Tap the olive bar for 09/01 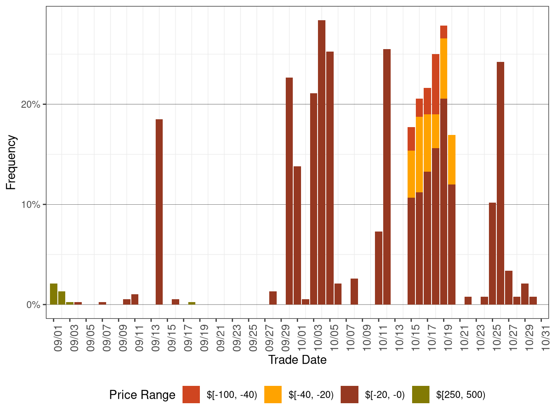point(54,294)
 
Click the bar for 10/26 point(500,183)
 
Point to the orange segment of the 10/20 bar point(452,160)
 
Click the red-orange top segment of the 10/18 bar point(436,84)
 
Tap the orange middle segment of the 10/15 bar point(411,174)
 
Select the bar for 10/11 point(379,268)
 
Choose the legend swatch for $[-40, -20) point(273,395)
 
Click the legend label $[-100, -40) point(232,395)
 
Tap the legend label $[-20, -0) point(385,395)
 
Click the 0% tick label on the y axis point(33,305)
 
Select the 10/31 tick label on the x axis point(546,339)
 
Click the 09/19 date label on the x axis point(204,339)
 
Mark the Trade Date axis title point(297,360)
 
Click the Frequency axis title point(11,162)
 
